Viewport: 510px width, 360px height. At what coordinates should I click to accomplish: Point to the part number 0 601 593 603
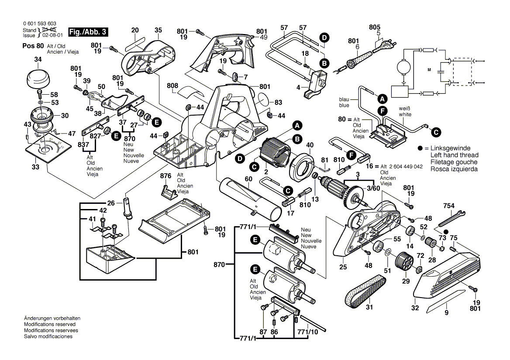39,24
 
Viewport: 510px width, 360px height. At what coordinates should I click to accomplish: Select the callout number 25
343,267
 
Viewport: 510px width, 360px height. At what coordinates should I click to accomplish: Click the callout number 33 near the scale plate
35,167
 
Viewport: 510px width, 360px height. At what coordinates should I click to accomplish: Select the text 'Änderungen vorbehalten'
52,319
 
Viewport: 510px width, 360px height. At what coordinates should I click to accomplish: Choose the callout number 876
165,176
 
